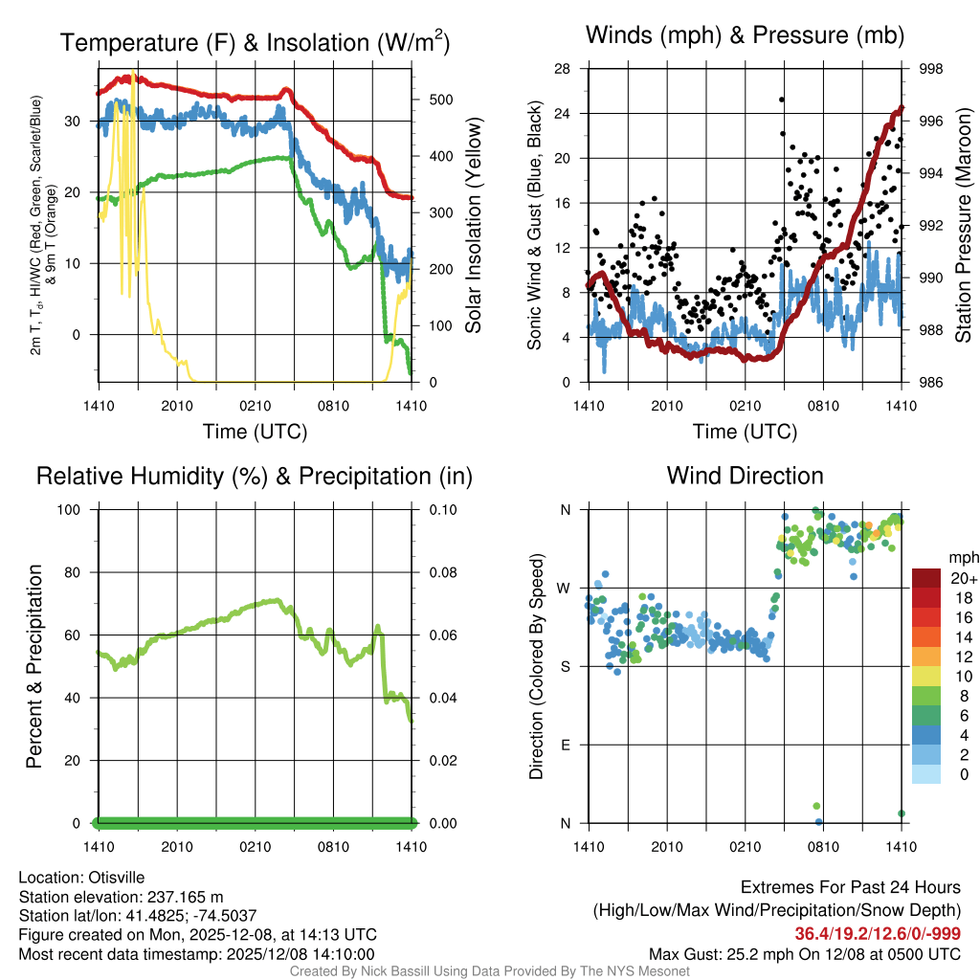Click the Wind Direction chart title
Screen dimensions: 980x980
tap(745, 476)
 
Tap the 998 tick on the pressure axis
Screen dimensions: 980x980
tap(930, 69)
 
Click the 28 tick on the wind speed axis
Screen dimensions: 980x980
tap(563, 69)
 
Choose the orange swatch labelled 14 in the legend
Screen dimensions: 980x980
tap(926, 636)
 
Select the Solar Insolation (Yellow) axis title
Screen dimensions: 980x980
tap(474, 226)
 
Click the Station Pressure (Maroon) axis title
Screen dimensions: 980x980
tap(963, 226)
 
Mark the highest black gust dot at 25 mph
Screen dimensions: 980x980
tap(782, 100)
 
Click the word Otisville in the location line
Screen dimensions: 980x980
tap(117, 877)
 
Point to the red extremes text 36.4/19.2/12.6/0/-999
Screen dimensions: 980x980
tap(878, 934)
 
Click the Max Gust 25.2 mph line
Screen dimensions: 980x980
tap(805, 953)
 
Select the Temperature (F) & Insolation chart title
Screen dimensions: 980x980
tap(255, 43)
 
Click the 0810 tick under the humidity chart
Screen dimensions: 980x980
tap(333, 846)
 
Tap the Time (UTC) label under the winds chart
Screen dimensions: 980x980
tap(744, 432)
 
